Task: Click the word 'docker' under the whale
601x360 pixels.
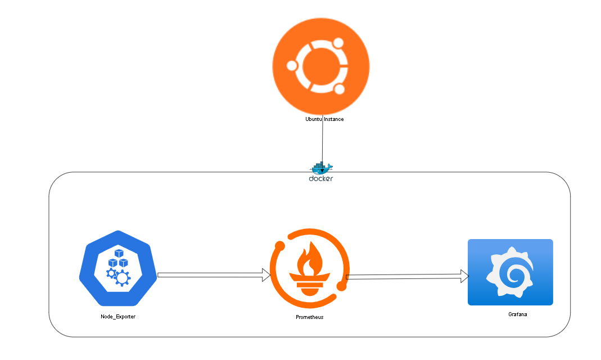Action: tap(321, 179)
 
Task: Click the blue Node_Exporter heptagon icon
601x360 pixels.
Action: tap(118, 265)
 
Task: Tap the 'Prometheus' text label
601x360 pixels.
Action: tap(309, 317)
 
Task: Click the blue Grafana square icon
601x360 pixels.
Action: tap(510, 272)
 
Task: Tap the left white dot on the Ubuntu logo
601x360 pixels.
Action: tap(292, 66)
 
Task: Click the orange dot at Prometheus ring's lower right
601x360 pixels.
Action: tap(341, 287)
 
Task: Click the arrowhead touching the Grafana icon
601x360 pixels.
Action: tap(464, 276)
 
